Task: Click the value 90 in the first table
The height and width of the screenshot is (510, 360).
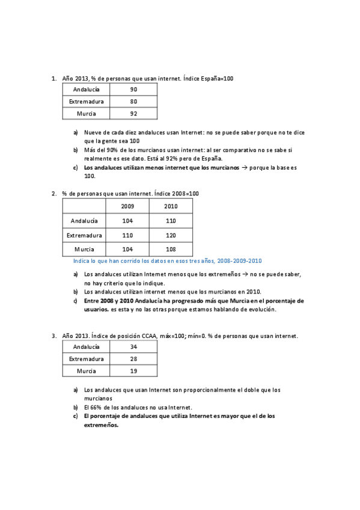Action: [x=133, y=90]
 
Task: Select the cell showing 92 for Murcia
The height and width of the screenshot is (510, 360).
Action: [x=133, y=113]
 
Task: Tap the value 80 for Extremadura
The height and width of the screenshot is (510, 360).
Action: [x=133, y=102]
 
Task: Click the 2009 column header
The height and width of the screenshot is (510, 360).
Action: [x=127, y=206]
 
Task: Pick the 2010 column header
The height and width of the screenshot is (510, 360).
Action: [x=171, y=206]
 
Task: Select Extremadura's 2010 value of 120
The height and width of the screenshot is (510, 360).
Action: [x=171, y=235]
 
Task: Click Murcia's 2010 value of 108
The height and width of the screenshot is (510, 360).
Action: [x=171, y=249]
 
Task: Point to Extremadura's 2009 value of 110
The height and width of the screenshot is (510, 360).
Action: [x=127, y=235]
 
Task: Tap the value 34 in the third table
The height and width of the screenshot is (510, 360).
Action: [x=133, y=347]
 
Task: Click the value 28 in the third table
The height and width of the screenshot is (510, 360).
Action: [x=133, y=359]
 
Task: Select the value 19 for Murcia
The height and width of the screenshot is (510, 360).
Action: [x=133, y=371]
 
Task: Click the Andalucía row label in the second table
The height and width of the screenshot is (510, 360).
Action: [x=84, y=221]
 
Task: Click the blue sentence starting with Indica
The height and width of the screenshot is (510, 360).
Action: [x=167, y=261]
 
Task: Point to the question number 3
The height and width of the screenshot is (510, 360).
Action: [x=53, y=336]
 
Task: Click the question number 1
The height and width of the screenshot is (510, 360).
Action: [x=53, y=78]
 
